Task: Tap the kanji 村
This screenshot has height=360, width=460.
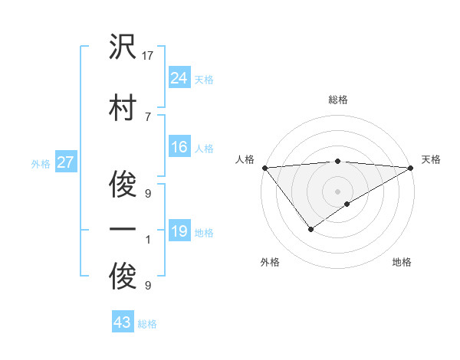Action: pyautogui.click(x=123, y=106)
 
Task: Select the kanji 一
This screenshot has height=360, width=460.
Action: pyautogui.click(x=123, y=229)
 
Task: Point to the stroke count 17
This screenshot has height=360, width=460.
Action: pyautogui.click(x=148, y=56)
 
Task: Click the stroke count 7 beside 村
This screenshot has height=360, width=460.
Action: pyautogui.click(x=148, y=116)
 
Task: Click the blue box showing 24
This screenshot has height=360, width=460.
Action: pyautogui.click(x=179, y=78)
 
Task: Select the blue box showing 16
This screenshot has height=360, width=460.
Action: pyautogui.click(x=179, y=147)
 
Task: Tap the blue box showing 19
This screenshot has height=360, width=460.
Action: pyautogui.click(x=179, y=231)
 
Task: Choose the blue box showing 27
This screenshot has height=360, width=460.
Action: pyautogui.click(x=65, y=162)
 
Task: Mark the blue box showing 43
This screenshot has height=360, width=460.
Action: pyautogui.click(x=122, y=323)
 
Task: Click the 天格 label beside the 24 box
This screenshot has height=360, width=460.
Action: pyautogui.click(x=204, y=79)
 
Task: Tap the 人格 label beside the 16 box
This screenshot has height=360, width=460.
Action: pyautogui.click(x=204, y=148)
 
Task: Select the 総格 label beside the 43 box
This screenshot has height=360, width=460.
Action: pyautogui.click(x=147, y=324)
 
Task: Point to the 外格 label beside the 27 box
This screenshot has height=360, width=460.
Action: pyautogui.click(x=41, y=163)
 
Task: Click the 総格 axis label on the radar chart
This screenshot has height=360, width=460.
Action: pyautogui.click(x=337, y=100)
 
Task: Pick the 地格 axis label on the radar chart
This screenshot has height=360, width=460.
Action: pyautogui.click(x=402, y=262)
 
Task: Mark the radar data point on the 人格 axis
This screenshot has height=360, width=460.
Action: pyautogui.click(x=264, y=168)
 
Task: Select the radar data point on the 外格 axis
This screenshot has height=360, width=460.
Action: pyautogui.click(x=310, y=228)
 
